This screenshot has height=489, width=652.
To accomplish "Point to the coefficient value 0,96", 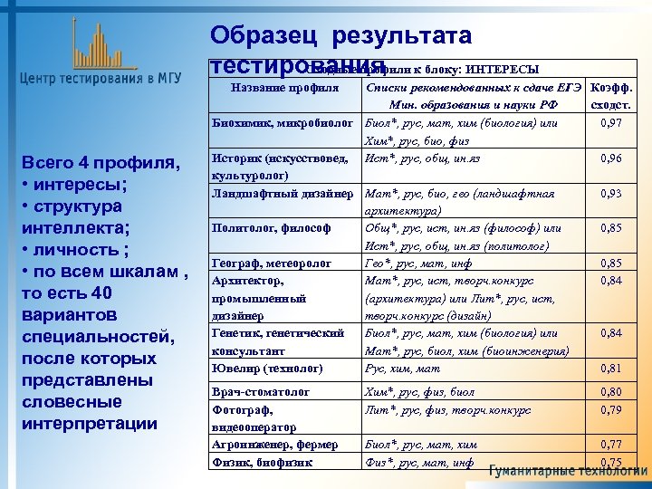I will point(609,158).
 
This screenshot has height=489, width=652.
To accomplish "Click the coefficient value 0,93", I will point(609,193).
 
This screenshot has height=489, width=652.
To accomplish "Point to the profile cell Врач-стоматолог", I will point(261,393).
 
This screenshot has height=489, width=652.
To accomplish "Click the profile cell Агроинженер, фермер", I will point(274,445).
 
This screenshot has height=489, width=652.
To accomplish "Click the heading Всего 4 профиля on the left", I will point(97,163).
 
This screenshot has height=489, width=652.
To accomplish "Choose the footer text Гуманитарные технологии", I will point(568,472).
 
